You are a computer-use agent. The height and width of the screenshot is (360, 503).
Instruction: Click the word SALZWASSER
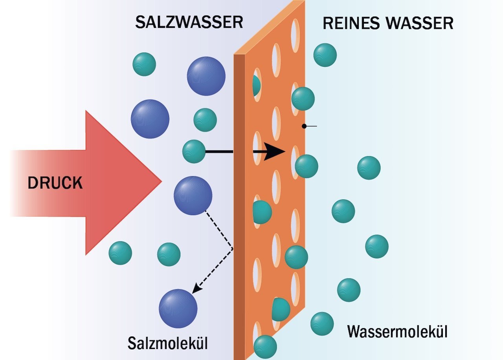(x=189, y=22)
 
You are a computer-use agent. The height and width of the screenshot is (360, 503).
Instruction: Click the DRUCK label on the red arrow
(x=55, y=183)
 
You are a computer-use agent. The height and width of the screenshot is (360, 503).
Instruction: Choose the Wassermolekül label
(x=397, y=332)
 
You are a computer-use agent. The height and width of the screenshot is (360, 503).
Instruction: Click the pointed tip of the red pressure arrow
(x=160, y=182)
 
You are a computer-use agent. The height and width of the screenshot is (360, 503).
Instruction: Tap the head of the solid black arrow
(x=275, y=152)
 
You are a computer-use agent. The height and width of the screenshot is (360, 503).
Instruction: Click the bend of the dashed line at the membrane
(x=233, y=249)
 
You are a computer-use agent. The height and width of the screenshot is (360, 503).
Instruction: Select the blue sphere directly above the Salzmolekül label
(x=178, y=309)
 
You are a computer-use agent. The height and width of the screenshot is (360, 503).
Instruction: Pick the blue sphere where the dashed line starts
(x=193, y=196)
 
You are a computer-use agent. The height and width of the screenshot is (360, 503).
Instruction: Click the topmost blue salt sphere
(x=206, y=76)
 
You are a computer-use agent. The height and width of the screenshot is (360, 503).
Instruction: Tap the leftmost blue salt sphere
(x=150, y=119)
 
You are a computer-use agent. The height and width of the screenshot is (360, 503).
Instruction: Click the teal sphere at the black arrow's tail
(x=194, y=152)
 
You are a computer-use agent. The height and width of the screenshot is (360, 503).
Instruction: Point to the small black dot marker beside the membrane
(x=304, y=126)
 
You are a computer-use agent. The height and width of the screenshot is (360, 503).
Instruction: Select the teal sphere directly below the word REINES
(x=325, y=55)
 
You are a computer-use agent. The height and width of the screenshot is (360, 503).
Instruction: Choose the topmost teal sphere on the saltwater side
(x=144, y=64)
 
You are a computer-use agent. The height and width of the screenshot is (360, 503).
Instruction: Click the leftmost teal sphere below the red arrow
(x=120, y=253)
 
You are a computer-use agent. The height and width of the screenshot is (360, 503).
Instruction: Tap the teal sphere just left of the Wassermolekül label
(x=322, y=323)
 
